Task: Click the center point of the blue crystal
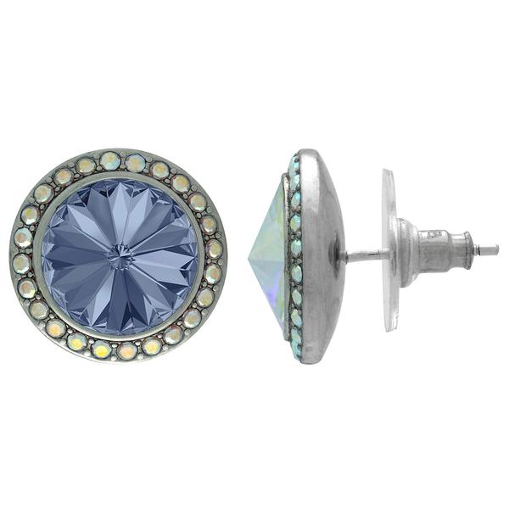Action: coord(120,255)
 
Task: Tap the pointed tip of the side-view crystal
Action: coord(249,255)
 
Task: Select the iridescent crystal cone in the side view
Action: coord(270,255)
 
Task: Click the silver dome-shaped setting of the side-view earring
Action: coord(318,255)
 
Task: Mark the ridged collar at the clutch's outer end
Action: coord(467,249)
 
